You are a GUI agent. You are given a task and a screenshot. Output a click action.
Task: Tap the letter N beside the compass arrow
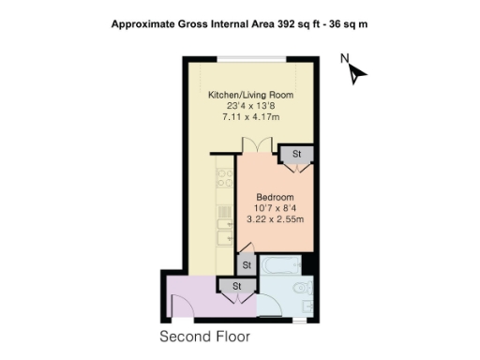click(345, 60)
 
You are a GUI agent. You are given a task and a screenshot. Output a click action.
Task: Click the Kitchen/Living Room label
click(250, 96)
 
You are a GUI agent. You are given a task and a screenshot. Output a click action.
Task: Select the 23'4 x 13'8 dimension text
click(250, 107)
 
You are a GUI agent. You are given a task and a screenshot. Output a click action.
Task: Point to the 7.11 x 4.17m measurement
click(250, 118)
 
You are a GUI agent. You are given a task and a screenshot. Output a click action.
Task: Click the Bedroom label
click(276, 197)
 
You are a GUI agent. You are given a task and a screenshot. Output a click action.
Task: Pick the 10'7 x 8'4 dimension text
click(276, 208)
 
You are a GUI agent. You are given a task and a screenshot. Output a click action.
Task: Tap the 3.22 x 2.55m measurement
click(276, 219)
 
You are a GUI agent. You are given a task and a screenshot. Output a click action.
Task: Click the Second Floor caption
click(205, 336)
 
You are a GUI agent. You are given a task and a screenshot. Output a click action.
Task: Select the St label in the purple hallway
click(237, 286)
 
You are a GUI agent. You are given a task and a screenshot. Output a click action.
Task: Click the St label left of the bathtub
click(246, 265)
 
